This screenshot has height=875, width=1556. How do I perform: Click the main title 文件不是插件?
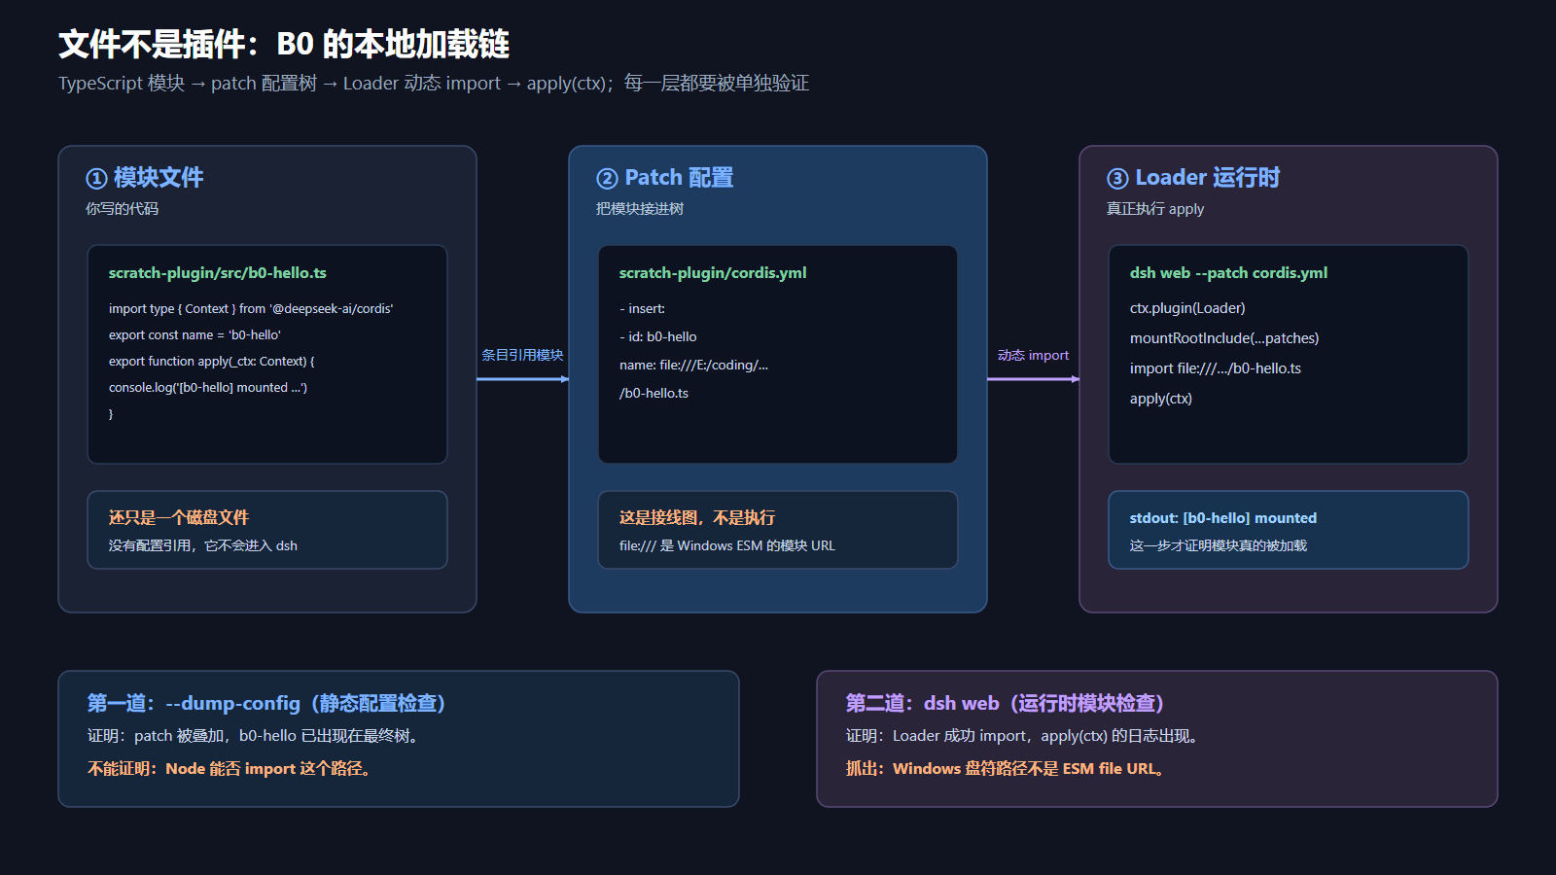click(x=153, y=45)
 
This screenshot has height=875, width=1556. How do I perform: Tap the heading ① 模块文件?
click(x=145, y=178)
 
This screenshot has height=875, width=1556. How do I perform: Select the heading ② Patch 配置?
click(x=665, y=178)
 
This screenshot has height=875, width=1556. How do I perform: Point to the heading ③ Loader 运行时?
click(x=1193, y=178)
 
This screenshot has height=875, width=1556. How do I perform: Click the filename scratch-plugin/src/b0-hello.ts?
click(x=218, y=273)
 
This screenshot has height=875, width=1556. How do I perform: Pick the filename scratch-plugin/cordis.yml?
click(x=713, y=273)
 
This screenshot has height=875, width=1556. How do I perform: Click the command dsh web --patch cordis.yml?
click(x=1228, y=273)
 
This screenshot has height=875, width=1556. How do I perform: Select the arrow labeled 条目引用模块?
click(x=523, y=379)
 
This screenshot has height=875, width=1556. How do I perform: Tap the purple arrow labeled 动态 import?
click(x=1034, y=379)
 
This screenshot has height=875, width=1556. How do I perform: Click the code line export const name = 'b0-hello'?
click(x=194, y=334)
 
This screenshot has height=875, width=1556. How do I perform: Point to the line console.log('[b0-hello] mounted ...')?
click(x=208, y=388)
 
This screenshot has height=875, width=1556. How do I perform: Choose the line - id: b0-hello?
click(x=657, y=336)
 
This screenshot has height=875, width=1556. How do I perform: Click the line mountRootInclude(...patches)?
click(x=1224, y=338)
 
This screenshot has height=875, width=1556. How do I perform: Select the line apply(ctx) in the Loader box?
click(x=1161, y=399)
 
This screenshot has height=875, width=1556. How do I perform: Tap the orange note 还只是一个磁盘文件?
click(x=179, y=517)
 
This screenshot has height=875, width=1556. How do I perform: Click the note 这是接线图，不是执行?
click(x=696, y=517)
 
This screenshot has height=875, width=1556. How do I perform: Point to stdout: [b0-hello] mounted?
click(x=1222, y=518)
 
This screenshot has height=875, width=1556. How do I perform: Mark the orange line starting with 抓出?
click(x=1007, y=769)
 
